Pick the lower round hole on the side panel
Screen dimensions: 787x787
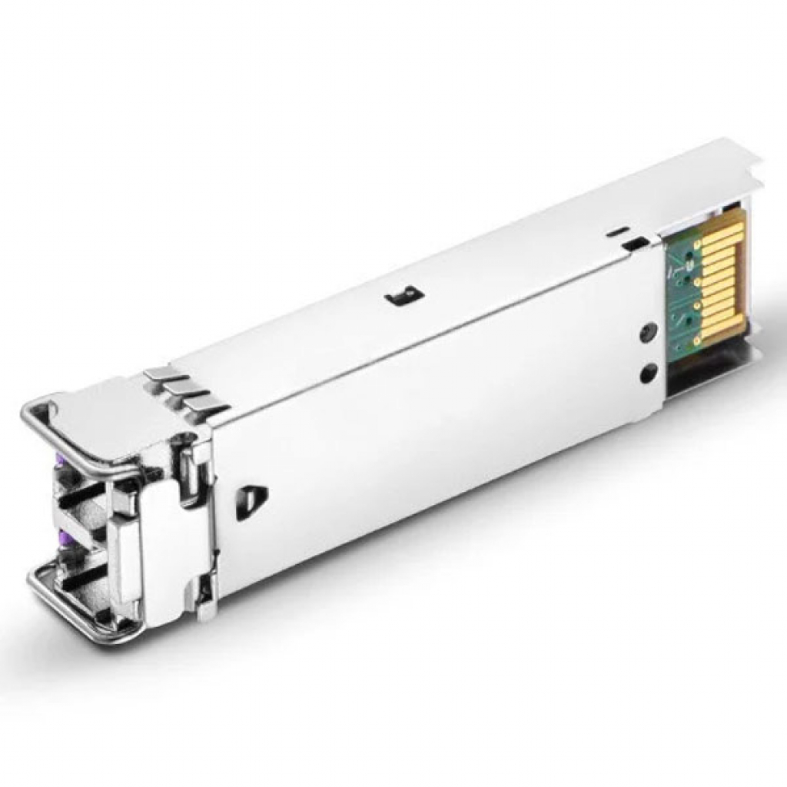[x=648, y=374]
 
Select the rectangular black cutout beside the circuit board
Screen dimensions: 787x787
[x=634, y=244]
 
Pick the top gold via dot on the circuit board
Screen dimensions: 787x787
[x=697, y=246]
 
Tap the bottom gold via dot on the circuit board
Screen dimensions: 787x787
[x=696, y=338]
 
